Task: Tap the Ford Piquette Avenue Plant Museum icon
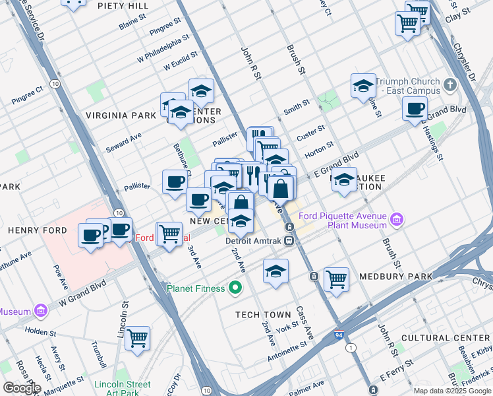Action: tap(397, 218)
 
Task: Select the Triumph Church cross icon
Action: tap(450, 85)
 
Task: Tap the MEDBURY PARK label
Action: tap(395, 276)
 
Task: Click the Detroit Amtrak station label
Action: tap(253, 241)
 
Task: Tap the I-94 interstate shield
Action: tap(339, 335)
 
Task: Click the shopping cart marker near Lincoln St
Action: tap(137, 338)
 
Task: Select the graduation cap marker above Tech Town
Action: tap(275, 271)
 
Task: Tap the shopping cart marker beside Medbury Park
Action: tap(336, 279)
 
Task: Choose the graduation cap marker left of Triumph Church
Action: tap(362, 86)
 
